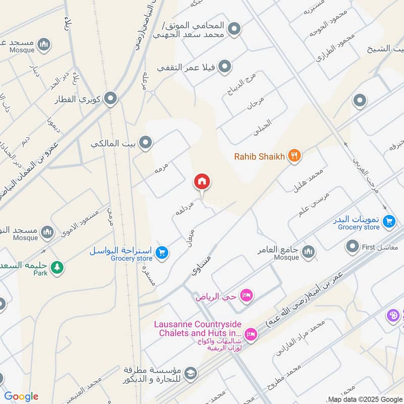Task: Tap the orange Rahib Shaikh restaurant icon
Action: (x=294, y=156)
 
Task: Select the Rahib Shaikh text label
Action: (x=260, y=156)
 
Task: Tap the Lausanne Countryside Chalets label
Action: (x=199, y=328)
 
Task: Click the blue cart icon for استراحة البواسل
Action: (x=162, y=251)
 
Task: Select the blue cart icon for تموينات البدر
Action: (x=389, y=221)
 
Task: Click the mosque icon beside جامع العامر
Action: (x=308, y=251)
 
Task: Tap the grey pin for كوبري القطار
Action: (x=111, y=99)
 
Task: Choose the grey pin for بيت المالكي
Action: (x=146, y=143)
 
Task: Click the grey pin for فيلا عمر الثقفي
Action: (x=225, y=67)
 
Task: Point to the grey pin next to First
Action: (x=352, y=247)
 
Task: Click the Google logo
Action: (x=21, y=396)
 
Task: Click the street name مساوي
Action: (x=200, y=264)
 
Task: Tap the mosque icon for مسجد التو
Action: (x=47, y=232)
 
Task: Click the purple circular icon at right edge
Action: (x=393, y=316)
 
